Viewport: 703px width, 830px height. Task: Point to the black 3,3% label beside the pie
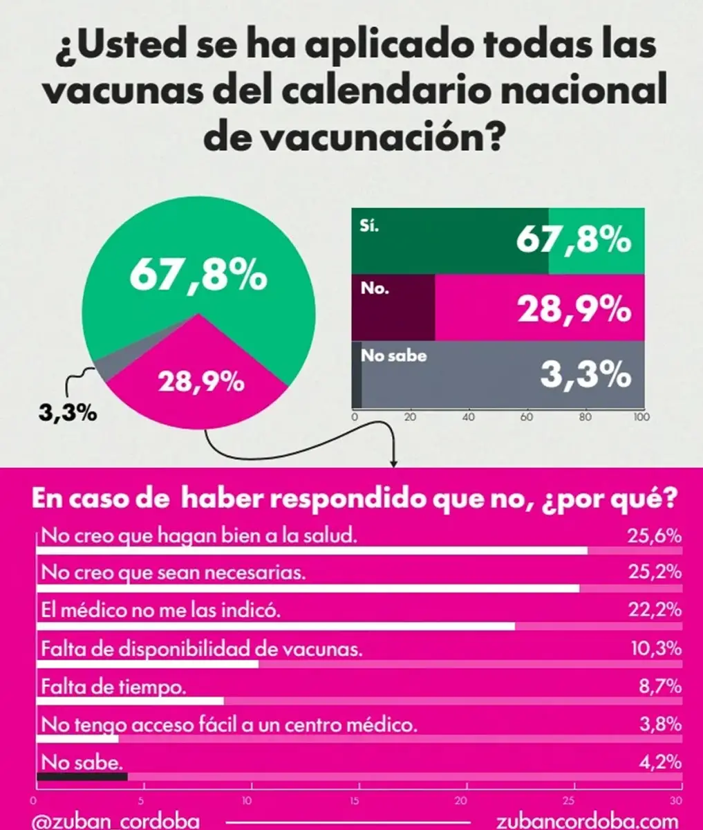click(x=66, y=414)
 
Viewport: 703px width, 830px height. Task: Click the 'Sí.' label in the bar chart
click(x=370, y=226)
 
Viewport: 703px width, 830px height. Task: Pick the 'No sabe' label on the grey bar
click(x=393, y=356)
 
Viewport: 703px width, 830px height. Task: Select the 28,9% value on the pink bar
click(x=574, y=311)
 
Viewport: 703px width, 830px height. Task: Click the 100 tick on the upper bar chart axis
click(x=640, y=418)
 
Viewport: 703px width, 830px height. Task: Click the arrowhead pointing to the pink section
click(x=394, y=462)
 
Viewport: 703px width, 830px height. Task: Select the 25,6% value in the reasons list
click(x=654, y=537)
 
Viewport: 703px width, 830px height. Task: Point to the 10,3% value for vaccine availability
click(x=654, y=649)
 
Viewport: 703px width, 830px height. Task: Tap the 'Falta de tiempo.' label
click(x=114, y=687)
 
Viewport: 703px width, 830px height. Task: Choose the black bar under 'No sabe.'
click(x=82, y=777)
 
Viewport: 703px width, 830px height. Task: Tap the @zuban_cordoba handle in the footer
click(x=116, y=821)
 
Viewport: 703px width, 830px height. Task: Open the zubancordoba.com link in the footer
click(x=587, y=821)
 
